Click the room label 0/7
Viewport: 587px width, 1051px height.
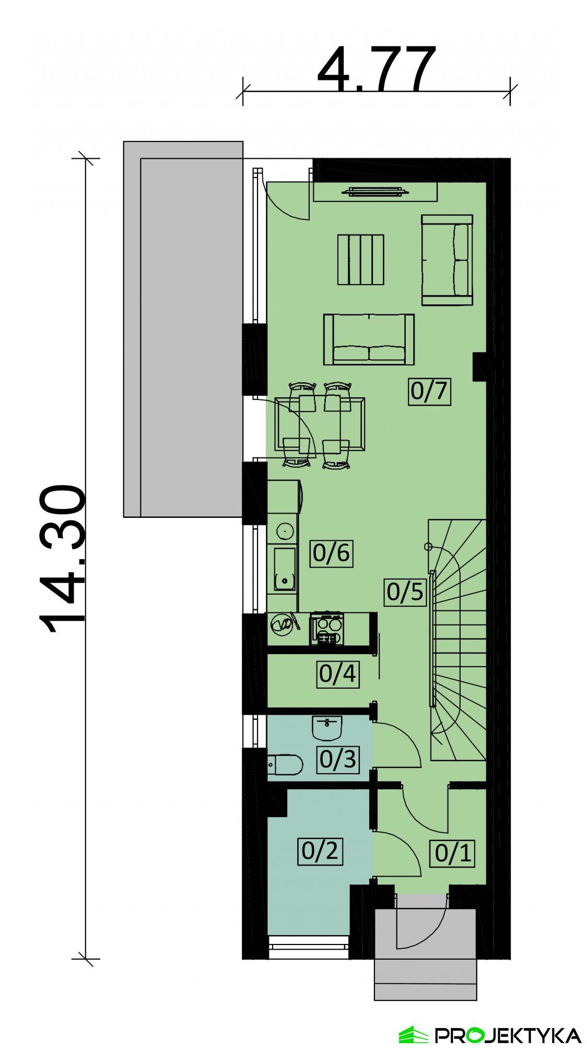coord(429,391)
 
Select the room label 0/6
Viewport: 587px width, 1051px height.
coord(331,552)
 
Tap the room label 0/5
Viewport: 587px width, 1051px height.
coord(405,592)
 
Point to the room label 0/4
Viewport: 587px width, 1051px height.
coord(337,674)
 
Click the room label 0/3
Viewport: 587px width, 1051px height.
coord(338,759)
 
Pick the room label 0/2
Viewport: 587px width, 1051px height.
coord(320,851)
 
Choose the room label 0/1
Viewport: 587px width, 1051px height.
coord(453,853)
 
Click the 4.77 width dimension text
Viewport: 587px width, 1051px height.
coord(375,68)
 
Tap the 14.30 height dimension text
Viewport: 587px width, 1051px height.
coord(63,559)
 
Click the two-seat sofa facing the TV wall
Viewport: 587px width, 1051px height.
coord(369,339)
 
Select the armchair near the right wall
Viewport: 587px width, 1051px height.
coord(447,259)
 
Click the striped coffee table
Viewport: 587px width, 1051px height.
coord(360,259)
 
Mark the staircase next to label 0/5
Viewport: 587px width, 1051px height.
coord(458,637)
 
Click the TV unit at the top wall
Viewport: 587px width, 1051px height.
coord(374,192)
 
